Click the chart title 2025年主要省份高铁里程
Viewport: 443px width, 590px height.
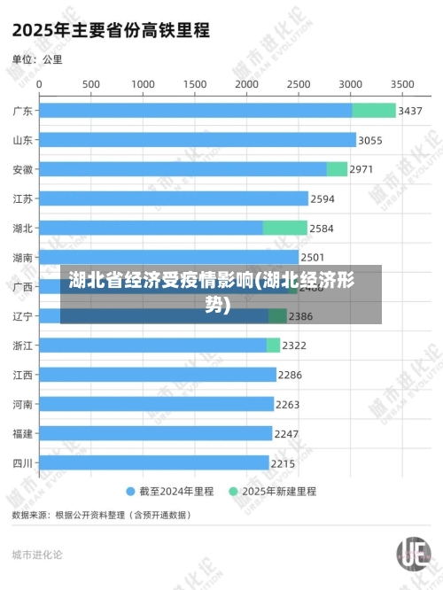111,30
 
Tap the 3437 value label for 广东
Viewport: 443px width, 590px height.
410,111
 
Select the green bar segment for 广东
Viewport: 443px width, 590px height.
374,111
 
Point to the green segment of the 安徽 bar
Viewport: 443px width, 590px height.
337,169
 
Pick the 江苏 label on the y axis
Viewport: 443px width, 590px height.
23,198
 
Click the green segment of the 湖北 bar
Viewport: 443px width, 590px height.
285,228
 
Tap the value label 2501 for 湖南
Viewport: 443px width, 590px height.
313,257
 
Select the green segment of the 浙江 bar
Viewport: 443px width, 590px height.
273,345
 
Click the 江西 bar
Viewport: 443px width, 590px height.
157,375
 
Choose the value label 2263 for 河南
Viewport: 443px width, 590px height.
288,404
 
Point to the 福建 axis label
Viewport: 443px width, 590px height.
23,433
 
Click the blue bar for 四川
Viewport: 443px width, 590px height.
153,462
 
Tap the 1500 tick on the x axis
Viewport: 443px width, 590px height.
195,83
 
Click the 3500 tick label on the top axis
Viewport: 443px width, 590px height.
402,83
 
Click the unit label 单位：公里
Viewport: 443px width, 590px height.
37,59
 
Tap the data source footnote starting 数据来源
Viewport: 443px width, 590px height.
100,514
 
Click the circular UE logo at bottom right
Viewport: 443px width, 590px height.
414,555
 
